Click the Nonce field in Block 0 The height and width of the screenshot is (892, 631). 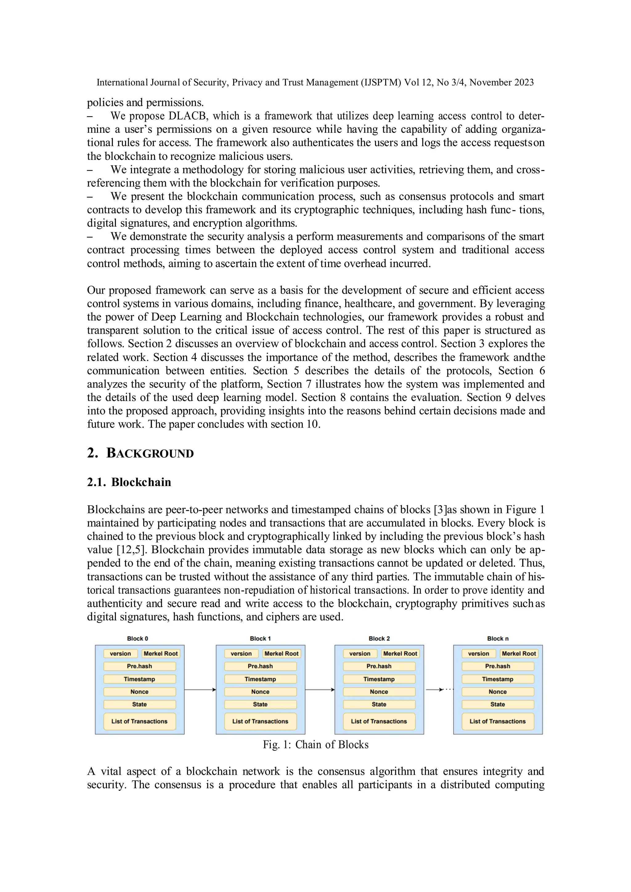pyautogui.click(x=140, y=691)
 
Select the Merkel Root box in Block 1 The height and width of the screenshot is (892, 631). pyautogui.click(x=281, y=654)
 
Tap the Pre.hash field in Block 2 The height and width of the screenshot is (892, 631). pyautogui.click(x=379, y=666)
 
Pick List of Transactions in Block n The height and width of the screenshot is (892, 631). pyautogui.click(x=497, y=721)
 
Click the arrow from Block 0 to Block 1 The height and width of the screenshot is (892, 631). pyautogui.click(x=200, y=690)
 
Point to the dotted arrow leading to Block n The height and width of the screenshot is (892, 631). pyautogui.click(x=439, y=690)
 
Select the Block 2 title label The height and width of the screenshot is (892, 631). pyautogui.click(x=379, y=638)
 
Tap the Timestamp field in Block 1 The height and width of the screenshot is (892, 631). pyautogui.click(x=260, y=679)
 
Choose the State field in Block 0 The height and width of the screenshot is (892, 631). pyautogui.click(x=140, y=704)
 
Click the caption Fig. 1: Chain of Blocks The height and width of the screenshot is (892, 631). pyautogui.click(x=315, y=744)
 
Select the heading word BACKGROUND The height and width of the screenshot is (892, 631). pyautogui.click(x=150, y=453)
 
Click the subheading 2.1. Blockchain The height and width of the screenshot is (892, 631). pyautogui.click(x=129, y=482)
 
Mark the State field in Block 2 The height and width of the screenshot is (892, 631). pyautogui.click(x=379, y=704)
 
